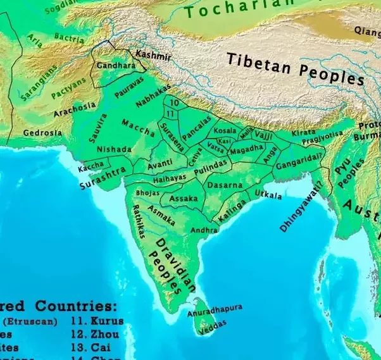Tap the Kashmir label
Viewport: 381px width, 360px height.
coord(153,56)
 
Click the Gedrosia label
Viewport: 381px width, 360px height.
coord(43,133)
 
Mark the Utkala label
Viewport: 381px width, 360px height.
coord(268,194)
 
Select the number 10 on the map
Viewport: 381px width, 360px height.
coord(175,102)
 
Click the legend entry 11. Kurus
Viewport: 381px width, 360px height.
coord(97,321)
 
